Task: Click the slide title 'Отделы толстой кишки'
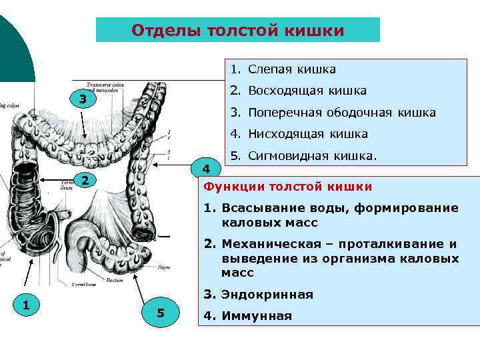238,31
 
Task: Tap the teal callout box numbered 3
82,100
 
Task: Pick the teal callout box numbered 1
25,305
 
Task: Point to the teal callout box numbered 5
160,313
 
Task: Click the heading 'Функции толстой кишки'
288,186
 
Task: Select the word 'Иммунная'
257,316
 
